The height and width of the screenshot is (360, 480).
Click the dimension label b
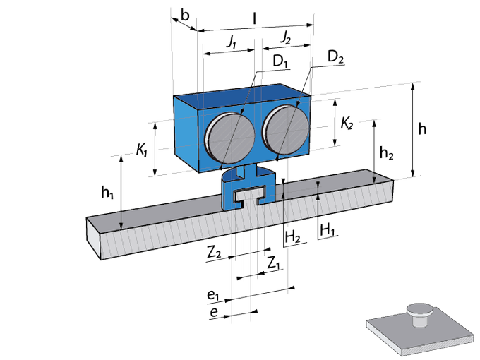pyautogui.click(x=185, y=16)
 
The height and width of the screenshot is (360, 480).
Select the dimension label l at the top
pyautogui.click(x=254, y=19)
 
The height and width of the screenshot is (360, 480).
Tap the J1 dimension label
pyautogui.click(x=232, y=42)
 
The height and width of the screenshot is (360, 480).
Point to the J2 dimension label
pyautogui.click(x=286, y=38)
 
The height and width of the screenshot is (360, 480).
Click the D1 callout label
pyautogui.click(x=280, y=61)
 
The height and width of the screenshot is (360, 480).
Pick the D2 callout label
pyautogui.click(x=335, y=57)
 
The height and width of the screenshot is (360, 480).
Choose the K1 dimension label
pyautogui.click(x=142, y=150)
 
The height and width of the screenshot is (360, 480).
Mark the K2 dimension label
pyautogui.click(x=347, y=124)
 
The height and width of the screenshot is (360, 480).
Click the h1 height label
pyautogui.click(x=107, y=192)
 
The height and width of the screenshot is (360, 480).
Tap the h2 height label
pyautogui.click(x=386, y=152)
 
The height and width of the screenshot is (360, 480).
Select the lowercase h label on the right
pyautogui.click(x=422, y=129)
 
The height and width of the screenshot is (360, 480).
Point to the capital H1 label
pyautogui.click(x=327, y=229)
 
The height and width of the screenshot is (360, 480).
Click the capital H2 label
pyautogui.click(x=293, y=237)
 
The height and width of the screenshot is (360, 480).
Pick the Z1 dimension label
pyautogui.click(x=273, y=263)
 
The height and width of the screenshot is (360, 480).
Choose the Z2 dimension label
pyautogui.click(x=214, y=253)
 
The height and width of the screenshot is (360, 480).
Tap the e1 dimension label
pyautogui.click(x=213, y=295)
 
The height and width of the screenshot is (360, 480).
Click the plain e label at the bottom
pyautogui.click(x=214, y=312)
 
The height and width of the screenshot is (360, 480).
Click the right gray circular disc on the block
pyautogui.click(x=286, y=130)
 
